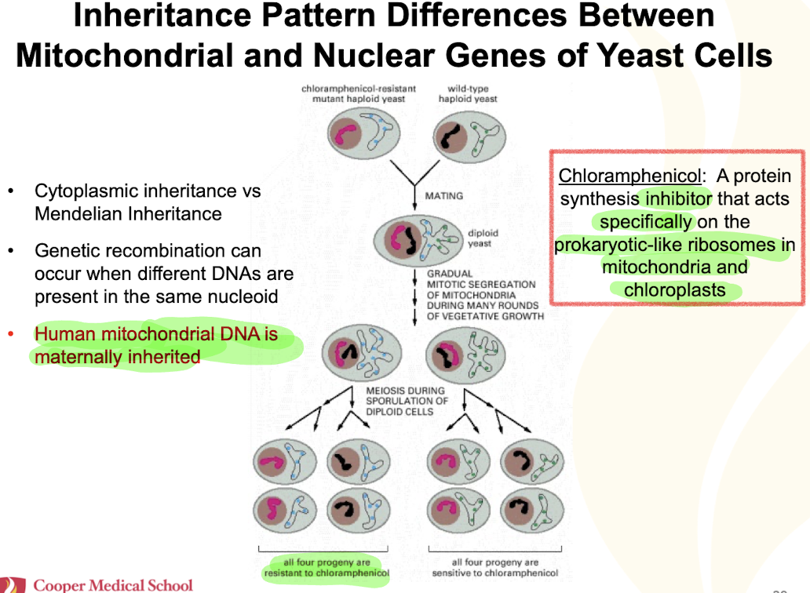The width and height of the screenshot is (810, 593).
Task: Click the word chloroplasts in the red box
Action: tap(674, 289)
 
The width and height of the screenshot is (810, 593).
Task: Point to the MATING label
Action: tap(443, 195)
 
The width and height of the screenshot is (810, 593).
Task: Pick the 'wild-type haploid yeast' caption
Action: tap(468, 94)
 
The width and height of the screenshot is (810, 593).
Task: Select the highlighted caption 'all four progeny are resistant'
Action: tap(327, 567)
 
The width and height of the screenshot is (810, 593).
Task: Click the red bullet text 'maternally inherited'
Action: tap(117, 358)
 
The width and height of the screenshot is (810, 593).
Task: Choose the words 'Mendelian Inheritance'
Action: tap(128, 214)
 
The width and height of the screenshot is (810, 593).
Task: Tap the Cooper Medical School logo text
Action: tap(113, 585)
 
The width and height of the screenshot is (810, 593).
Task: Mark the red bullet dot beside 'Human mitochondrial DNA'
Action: tap(11, 335)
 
